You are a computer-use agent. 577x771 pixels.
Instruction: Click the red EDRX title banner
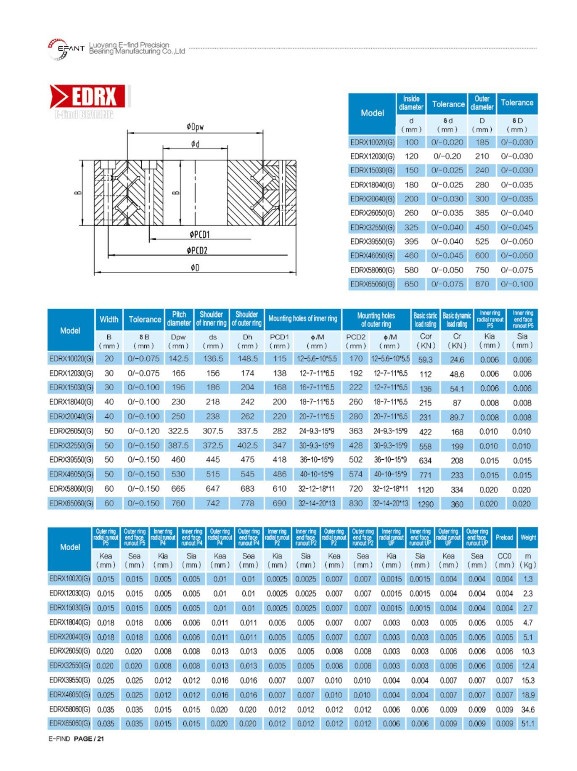click(x=88, y=96)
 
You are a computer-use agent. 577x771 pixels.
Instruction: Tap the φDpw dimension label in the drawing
click(x=196, y=127)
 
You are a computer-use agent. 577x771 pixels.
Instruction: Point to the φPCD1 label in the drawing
click(x=199, y=234)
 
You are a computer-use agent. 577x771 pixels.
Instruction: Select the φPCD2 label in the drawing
click(x=197, y=251)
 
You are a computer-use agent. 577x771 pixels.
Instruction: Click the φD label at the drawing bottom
click(x=195, y=268)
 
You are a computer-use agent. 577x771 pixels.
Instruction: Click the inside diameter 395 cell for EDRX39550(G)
click(x=411, y=241)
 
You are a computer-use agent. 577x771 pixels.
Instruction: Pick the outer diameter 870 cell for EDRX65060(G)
click(x=482, y=284)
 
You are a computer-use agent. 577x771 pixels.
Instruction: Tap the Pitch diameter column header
click(x=179, y=319)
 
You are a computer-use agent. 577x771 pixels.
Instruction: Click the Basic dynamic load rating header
click(x=457, y=320)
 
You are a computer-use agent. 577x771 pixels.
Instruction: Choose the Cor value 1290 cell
click(x=425, y=503)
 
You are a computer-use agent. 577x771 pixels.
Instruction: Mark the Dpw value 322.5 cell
click(x=178, y=431)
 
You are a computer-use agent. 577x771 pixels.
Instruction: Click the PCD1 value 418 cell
click(x=279, y=460)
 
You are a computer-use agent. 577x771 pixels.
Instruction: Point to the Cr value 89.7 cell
click(x=457, y=417)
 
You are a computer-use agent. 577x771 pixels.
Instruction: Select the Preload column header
click(x=504, y=537)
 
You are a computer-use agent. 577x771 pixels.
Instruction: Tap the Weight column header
click(x=528, y=537)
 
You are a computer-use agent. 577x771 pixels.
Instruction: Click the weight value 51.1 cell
click(x=528, y=723)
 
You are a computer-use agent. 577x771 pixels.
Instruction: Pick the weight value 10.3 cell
click(x=528, y=651)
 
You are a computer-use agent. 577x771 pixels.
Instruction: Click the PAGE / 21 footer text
click(x=89, y=739)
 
